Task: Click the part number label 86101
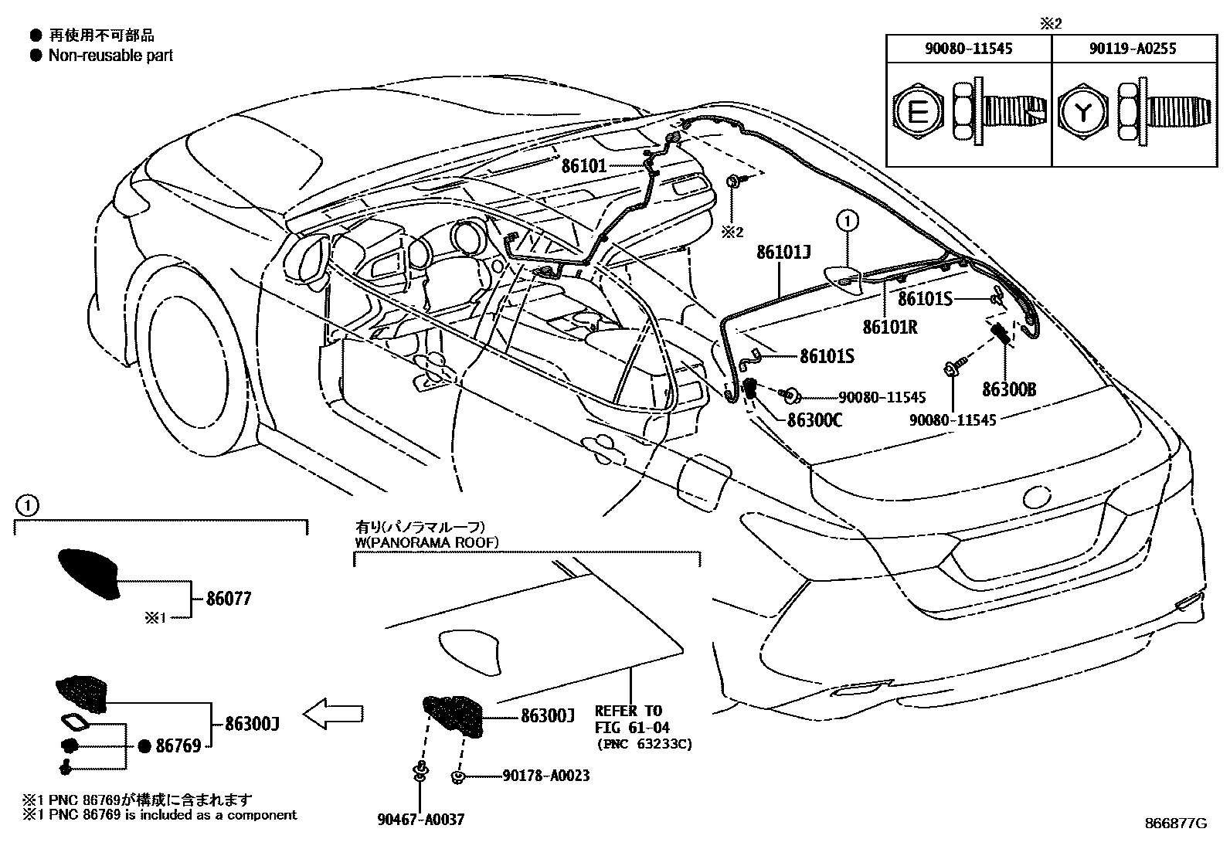(583, 165)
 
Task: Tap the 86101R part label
(889, 326)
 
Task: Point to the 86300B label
(1009, 389)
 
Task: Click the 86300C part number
(814, 421)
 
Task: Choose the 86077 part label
(229, 599)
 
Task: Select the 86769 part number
(178, 745)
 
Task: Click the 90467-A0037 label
(422, 819)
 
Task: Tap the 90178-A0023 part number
(545, 775)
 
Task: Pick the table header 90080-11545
(969, 49)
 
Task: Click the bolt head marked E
(917, 114)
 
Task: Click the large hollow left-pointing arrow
(334, 714)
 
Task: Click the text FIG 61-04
(632, 727)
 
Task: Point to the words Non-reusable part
(110, 56)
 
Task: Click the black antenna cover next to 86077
(89, 572)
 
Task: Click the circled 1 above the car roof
(848, 221)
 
